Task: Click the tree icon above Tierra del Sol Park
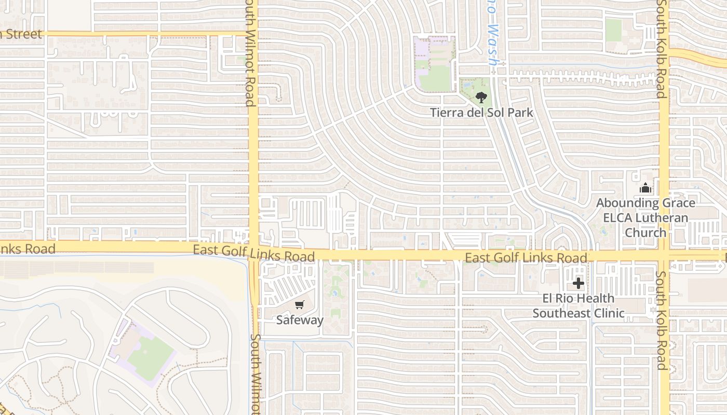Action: click(x=481, y=96)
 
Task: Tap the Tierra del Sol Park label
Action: click(x=481, y=112)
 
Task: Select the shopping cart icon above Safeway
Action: click(x=300, y=305)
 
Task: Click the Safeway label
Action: click(x=300, y=320)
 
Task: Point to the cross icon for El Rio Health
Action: click(x=578, y=284)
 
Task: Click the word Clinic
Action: click(x=607, y=313)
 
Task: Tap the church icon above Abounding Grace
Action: click(x=645, y=188)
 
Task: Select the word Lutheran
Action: click(x=658, y=218)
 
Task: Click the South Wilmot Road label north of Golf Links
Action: click(x=251, y=53)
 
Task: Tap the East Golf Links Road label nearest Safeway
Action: click(x=253, y=253)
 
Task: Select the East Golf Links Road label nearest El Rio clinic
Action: click(x=526, y=258)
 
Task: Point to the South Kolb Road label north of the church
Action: click(x=661, y=49)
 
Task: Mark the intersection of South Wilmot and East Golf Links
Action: click(x=253, y=250)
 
